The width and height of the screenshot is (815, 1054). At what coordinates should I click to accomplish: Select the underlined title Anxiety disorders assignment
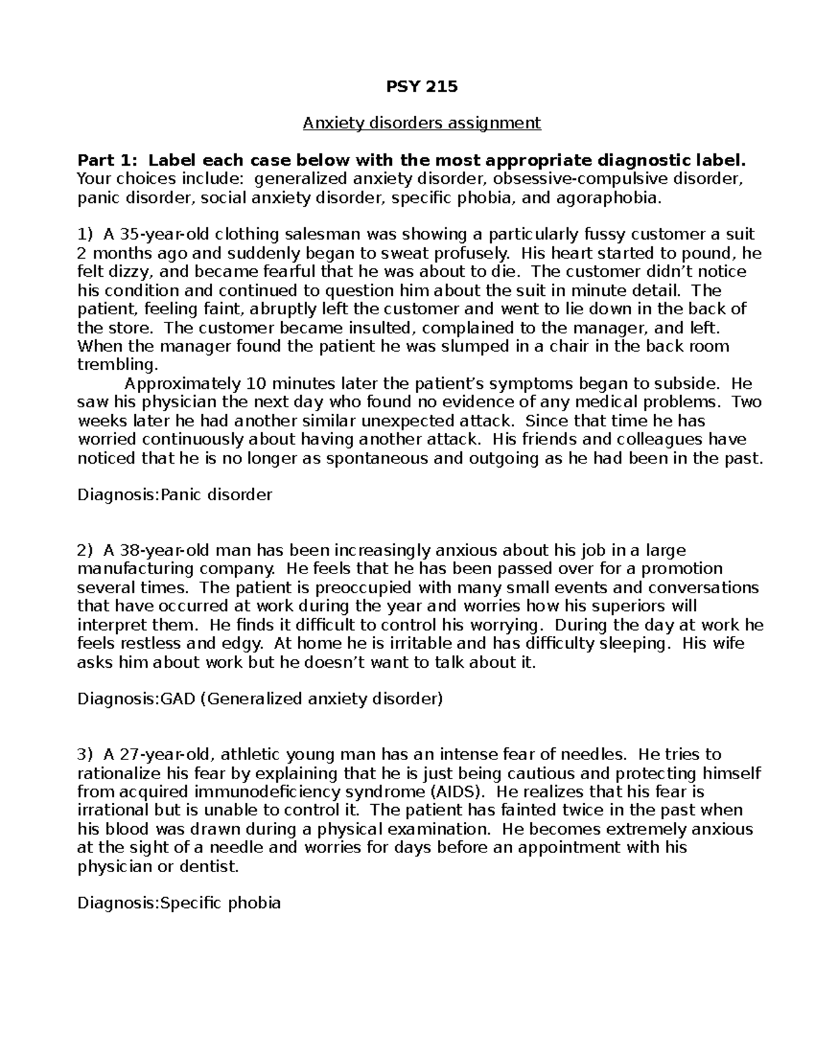click(422, 123)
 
